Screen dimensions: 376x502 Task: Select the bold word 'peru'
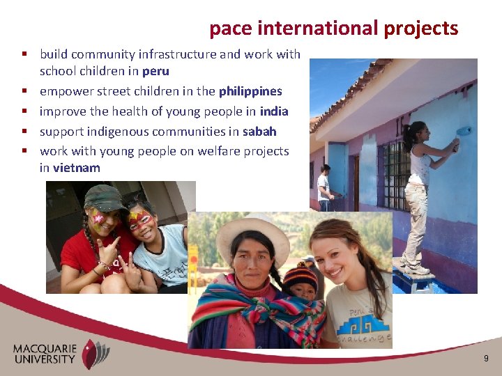[155, 71]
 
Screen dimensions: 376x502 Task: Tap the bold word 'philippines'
[250, 91]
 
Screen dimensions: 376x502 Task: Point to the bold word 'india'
[273, 111]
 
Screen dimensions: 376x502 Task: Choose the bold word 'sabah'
[259, 132]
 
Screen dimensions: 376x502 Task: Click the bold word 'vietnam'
[77, 168]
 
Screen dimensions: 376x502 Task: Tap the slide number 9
[486, 359]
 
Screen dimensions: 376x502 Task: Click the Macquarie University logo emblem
[96, 353]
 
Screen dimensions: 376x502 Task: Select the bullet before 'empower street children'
[24, 91]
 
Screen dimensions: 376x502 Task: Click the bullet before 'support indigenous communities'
[24, 132]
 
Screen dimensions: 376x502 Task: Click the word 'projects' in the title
[422, 29]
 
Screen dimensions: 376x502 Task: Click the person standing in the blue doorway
[324, 187]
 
